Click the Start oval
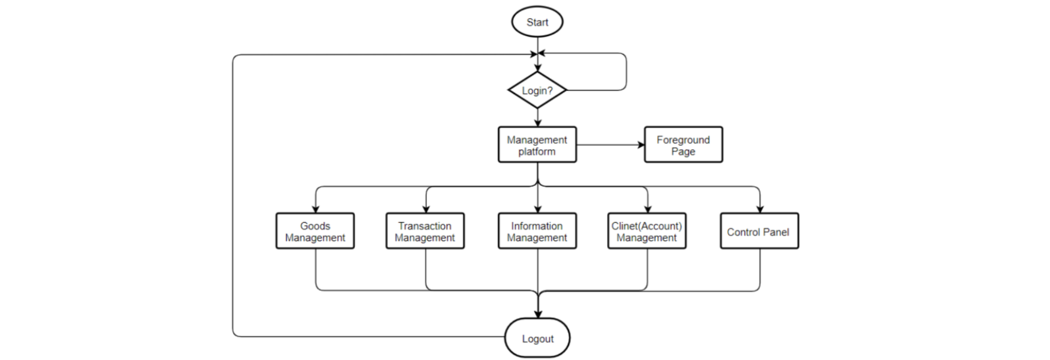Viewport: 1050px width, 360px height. pyautogui.click(x=537, y=22)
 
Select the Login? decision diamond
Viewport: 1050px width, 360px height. pyautogui.click(x=537, y=90)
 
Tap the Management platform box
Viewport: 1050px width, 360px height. pyautogui.click(x=537, y=145)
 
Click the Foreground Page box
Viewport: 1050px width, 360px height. pyautogui.click(x=683, y=145)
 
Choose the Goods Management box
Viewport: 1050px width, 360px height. pyautogui.click(x=315, y=231)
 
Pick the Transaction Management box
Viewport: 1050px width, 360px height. pyautogui.click(x=424, y=231)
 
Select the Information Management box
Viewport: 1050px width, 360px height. pyautogui.click(x=537, y=231)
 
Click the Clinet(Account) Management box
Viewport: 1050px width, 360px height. pyautogui.click(x=647, y=231)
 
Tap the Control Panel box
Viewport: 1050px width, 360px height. pyautogui.click(x=759, y=231)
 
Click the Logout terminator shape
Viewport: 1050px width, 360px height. pyautogui.click(x=537, y=338)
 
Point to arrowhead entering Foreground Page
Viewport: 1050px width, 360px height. pyautogui.click(x=641, y=145)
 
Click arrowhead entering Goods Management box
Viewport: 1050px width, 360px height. pyautogui.click(x=316, y=209)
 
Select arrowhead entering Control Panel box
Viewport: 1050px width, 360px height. pyautogui.click(x=760, y=209)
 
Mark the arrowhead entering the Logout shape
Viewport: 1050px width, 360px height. pyautogui.click(x=538, y=314)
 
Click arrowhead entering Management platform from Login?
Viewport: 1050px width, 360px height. pyautogui.click(x=537, y=123)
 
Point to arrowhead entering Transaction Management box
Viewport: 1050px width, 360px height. pyautogui.click(x=426, y=209)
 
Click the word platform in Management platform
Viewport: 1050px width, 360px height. pyautogui.click(x=536, y=152)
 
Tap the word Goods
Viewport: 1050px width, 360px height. pyautogui.click(x=315, y=226)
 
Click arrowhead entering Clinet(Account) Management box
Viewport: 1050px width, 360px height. pyautogui.click(x=648, y=209)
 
